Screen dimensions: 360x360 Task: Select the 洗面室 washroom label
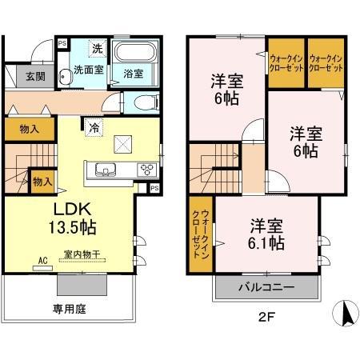point(90,70)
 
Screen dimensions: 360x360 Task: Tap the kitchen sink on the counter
point(106,169)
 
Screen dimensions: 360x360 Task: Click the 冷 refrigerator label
point(94,126)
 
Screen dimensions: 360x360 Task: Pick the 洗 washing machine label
point(97,49)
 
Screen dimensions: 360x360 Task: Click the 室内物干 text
point(82,254)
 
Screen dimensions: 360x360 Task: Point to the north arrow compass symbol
point(346,311)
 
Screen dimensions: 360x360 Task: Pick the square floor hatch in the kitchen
point(124,143)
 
